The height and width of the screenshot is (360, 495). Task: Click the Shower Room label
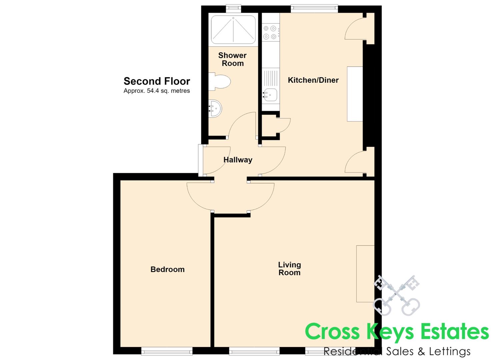tap(232, 59)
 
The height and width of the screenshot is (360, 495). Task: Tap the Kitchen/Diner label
tap(313, 80)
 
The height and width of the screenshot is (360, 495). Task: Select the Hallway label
tap(238, 160)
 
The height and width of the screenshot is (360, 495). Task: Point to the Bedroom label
tap(168, 269)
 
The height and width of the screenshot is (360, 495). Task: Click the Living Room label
tap(289, 269)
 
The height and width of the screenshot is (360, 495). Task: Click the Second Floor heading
tap(157, 81)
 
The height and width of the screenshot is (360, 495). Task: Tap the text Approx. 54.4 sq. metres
tap(157, 91)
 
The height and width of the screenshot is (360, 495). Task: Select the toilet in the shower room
tap(219, 82)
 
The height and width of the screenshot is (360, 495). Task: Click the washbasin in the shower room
tap(215, 109)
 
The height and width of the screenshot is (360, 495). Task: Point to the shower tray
tap(233, 30)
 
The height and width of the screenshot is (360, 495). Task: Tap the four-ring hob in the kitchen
tap(270, 32)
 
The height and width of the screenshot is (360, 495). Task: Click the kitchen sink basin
tap(270, 95)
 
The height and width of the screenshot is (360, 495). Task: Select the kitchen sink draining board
tap(270, 78)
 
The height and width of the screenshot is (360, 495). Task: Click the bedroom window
tap(167, 351)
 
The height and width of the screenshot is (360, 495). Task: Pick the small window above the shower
tap(233, 9)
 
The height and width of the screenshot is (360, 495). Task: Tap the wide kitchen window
tap(314, 9)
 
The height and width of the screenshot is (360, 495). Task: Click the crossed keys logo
tap(396, 295)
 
